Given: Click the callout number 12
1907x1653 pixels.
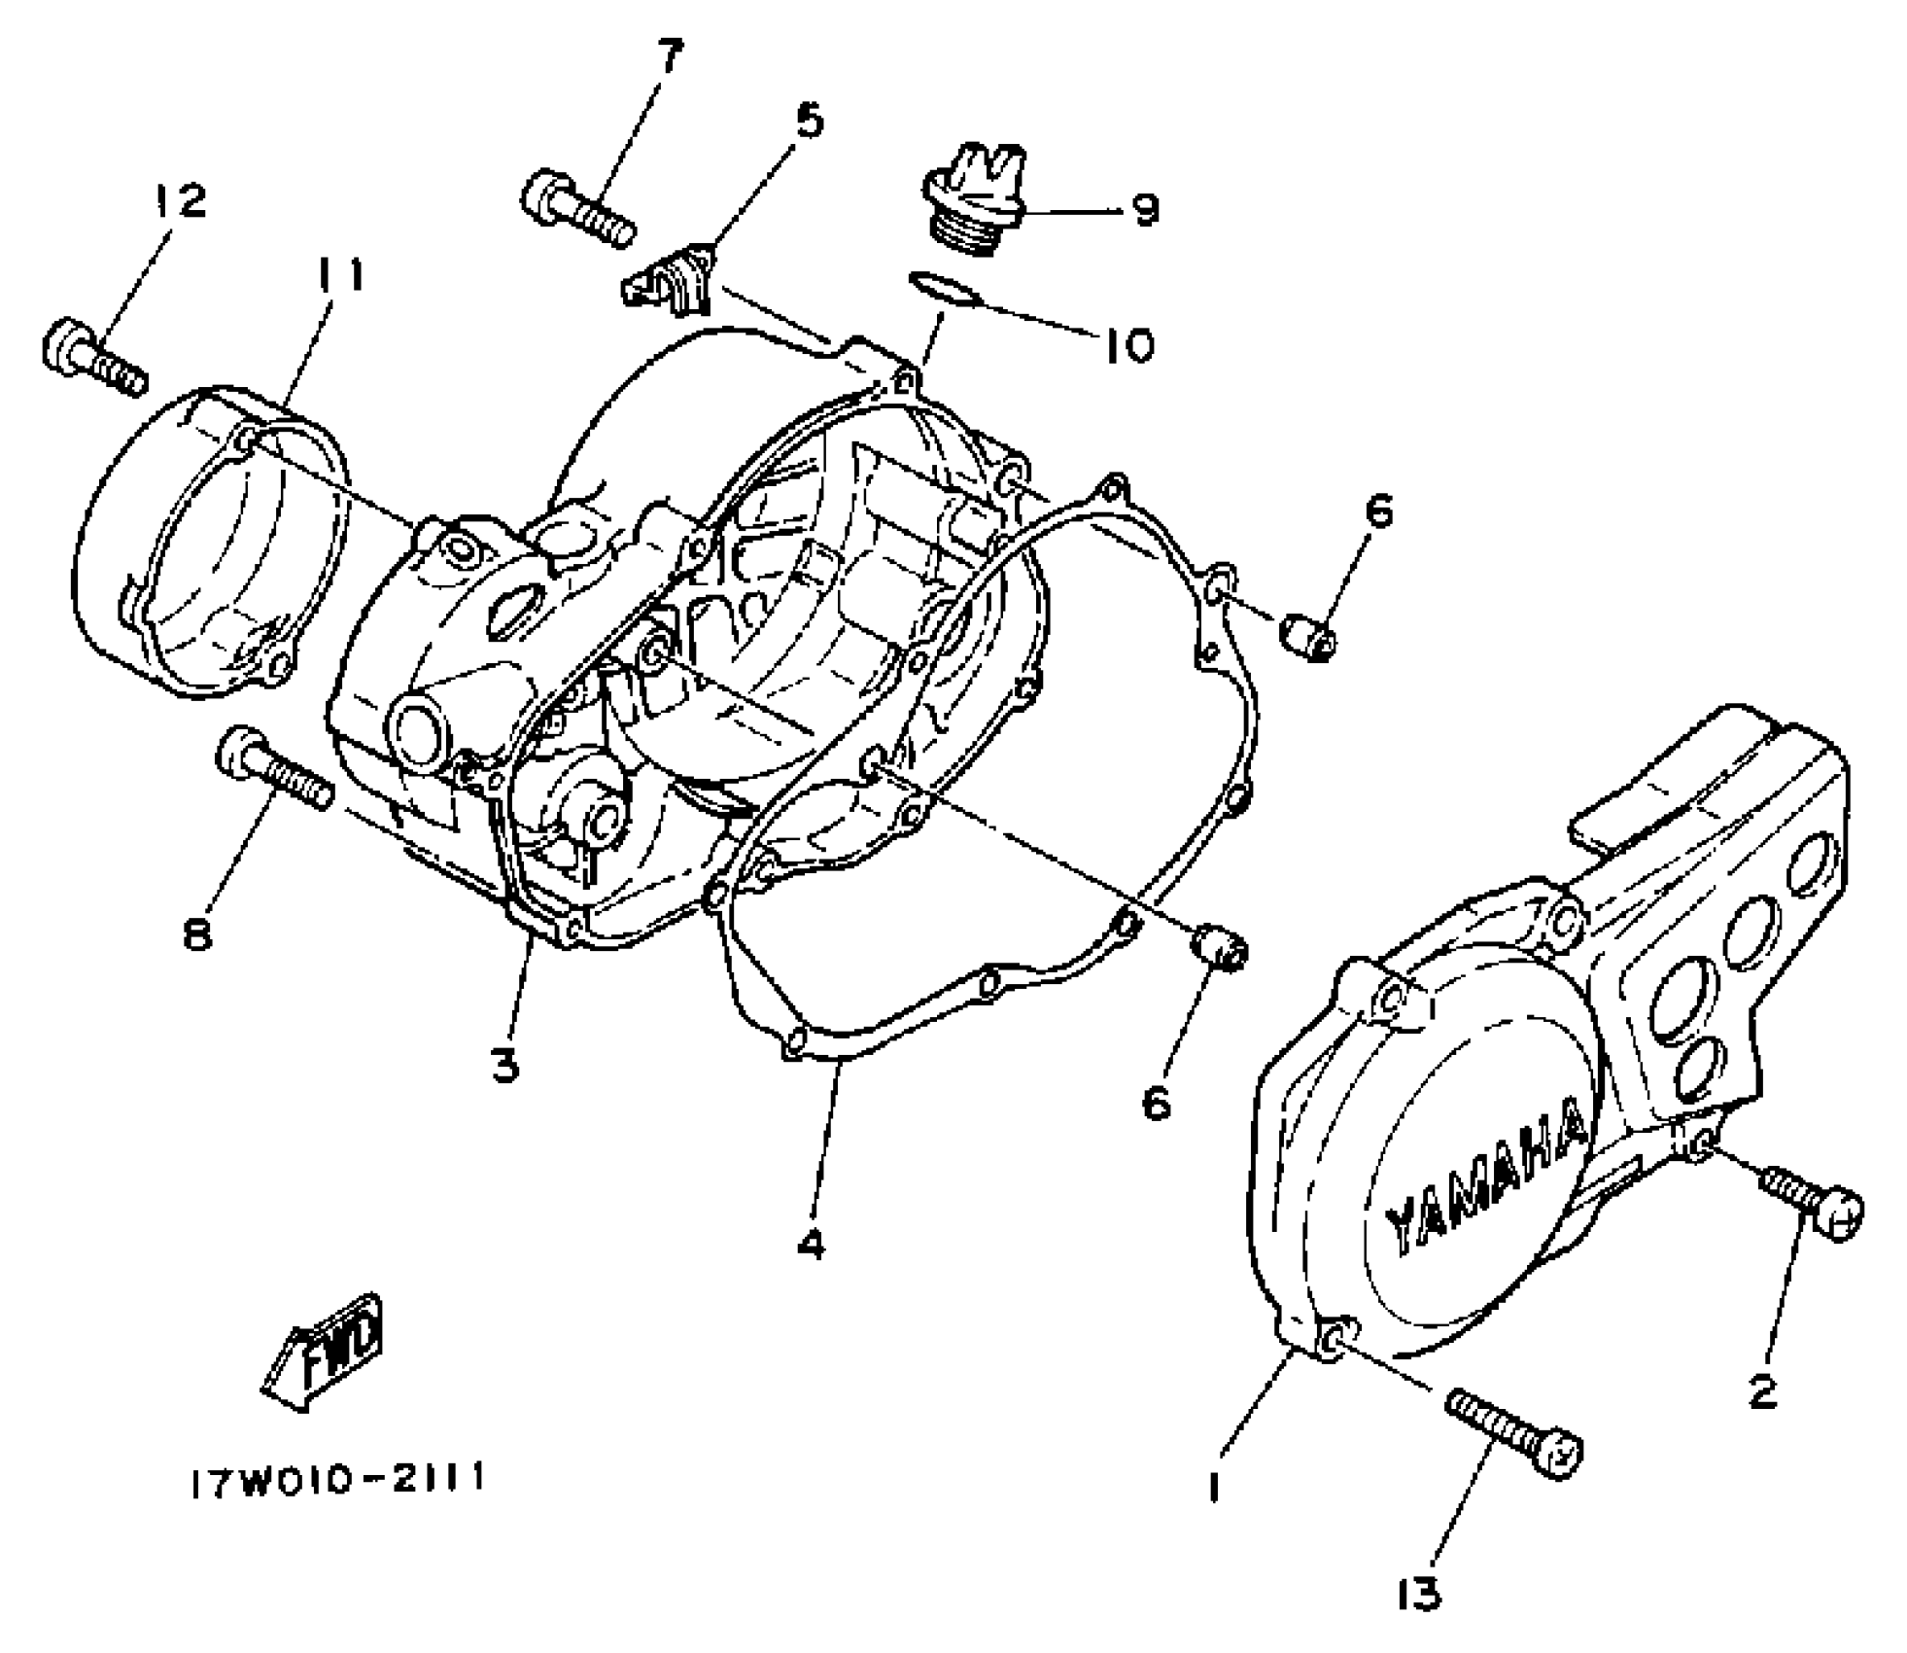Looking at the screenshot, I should click(180, 201).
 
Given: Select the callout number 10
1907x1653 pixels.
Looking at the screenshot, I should click(1127, 344).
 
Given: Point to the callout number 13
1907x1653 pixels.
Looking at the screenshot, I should click(1420, 1594).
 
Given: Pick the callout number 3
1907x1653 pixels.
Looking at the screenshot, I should click(505, 1067).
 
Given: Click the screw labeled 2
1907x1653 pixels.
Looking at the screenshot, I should click(1810, 1203).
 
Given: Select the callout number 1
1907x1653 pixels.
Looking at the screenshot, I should click(1213, 1488).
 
